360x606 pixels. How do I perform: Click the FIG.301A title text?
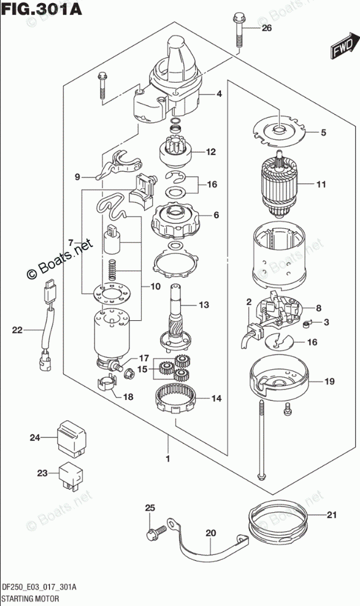pos(41,9)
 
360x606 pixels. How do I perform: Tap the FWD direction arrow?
pos(342,48)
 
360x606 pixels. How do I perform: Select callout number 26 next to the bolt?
pos(267,28)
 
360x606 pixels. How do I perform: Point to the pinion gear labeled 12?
pos(176,153)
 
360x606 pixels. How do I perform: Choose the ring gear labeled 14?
pos(177,400)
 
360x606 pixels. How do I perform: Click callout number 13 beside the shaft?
pos(204,305)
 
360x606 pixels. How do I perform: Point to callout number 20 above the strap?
pos(210,534)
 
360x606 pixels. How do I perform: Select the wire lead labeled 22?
pos(47,324)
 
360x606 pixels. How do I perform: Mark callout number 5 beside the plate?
pos(323,132)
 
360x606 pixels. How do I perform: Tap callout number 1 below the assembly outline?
pos(168,459)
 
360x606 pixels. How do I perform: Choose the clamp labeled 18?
pos(106,382)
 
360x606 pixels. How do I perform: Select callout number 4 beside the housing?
pos(219,93)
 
